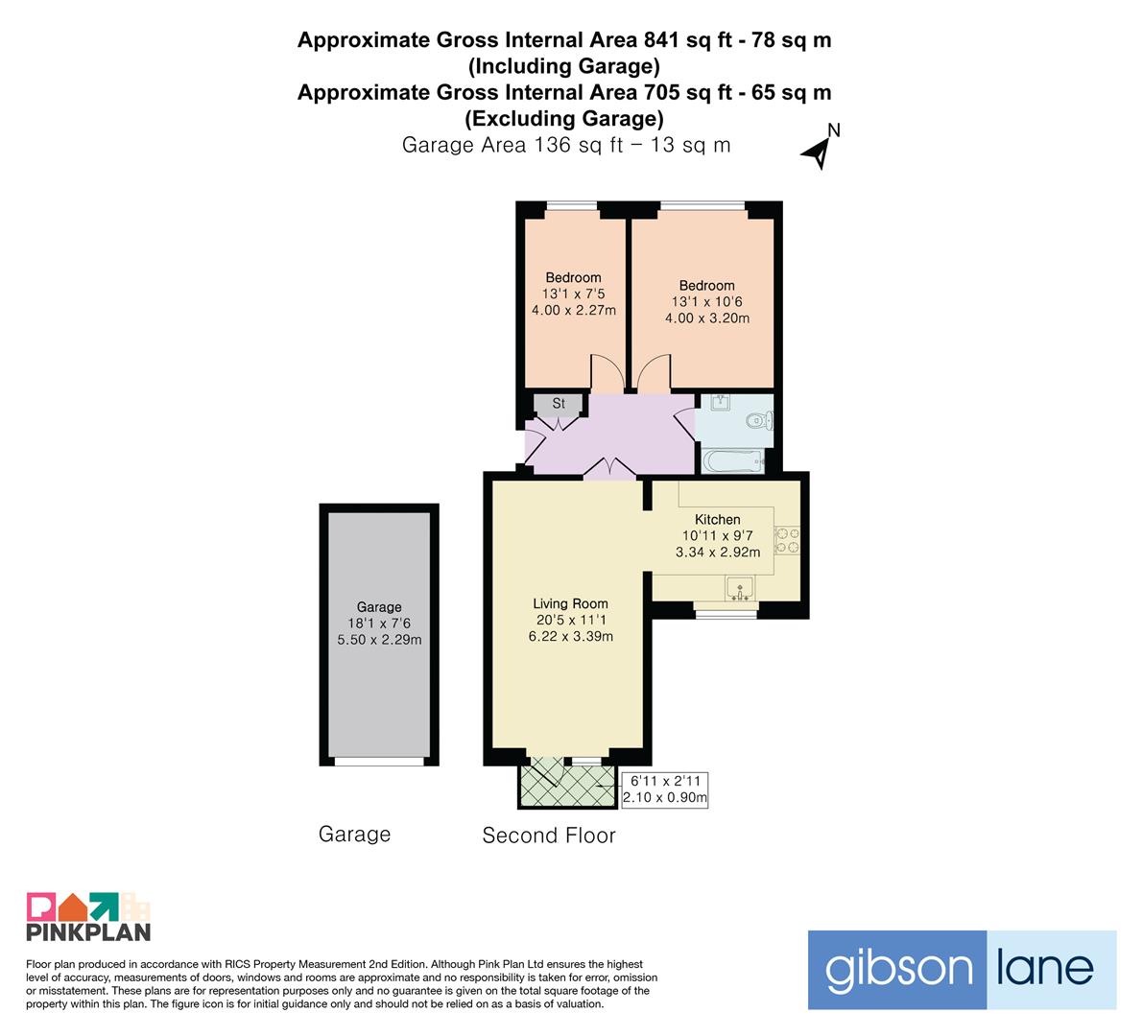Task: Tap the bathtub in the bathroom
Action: coord(733,461)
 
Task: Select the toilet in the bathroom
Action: coord(760,420)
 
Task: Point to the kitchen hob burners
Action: coord(787,541)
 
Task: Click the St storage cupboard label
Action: coord(559,404)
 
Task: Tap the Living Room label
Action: coord(570,603)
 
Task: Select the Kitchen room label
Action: coord(717,520)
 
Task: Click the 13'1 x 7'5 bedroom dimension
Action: coord(573,294)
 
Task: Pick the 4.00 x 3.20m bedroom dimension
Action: coord(707,318)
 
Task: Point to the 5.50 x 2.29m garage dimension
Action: coord(379,640)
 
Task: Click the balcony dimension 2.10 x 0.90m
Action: coord(665,797)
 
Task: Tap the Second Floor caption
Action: coord(549,835)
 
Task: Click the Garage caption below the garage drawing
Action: coord(354,835)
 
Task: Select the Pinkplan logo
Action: coord(88,916)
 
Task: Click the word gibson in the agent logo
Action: coord(898,970)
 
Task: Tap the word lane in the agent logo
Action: coord(1044,968)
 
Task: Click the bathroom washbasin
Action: coord(720,402)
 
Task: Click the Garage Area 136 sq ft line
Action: coord(565,145)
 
